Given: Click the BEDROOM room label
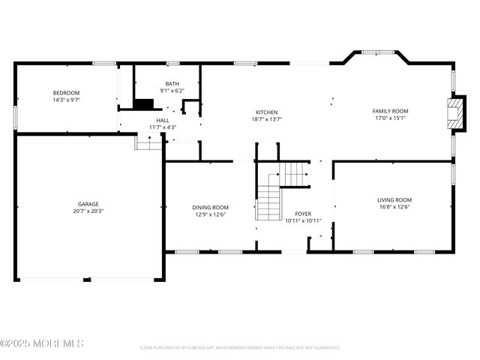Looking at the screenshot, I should [66, 93].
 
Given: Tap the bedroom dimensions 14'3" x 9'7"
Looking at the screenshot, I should [66, 100].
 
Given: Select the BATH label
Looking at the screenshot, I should [172, 84].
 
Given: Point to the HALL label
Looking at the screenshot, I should [162, 120].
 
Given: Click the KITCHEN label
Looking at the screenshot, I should [267, 112].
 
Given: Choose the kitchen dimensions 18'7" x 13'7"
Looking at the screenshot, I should [267, 118].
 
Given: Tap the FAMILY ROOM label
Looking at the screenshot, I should [391, 111].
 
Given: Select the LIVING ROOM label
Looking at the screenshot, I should [394, 199].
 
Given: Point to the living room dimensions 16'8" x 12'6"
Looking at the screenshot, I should [394, 206].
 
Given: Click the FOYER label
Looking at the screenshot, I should [303, 214].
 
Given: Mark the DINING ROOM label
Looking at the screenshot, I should [211, 207].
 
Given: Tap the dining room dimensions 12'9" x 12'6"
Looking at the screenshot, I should [211, 214].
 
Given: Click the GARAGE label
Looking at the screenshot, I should [88, 204].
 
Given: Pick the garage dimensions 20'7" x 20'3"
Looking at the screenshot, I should [88, 211].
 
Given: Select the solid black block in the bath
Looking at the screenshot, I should [143, 105].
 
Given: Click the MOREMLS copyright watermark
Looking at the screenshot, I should [42, 343].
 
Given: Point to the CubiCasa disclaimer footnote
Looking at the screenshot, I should [239, 348].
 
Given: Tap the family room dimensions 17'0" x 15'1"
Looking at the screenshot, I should [391, 118].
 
